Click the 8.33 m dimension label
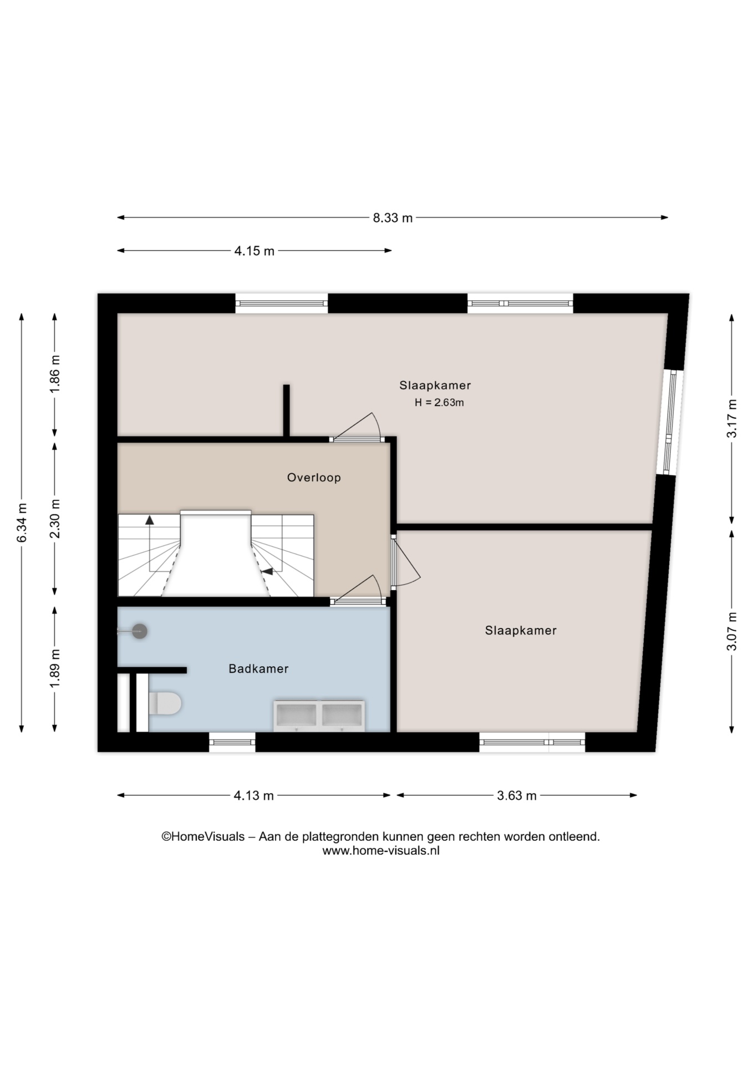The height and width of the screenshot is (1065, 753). (x=393, y=218)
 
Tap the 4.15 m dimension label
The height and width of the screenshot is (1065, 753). (x=254, y=251)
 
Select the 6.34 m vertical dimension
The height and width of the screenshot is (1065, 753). (x=22, y=523)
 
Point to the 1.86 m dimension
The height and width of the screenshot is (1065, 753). (x=54, y=374)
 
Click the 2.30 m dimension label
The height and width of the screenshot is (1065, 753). (x=54, y=518)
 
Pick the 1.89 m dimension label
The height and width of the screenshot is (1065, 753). (x=54, y=668)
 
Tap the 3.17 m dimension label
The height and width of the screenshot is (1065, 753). (x=732, y=418)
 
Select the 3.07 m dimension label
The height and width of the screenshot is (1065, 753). (x=732, y=631)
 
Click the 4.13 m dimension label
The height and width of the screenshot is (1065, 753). (x=253, y=795)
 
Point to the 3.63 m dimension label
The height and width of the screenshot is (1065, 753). (x=516, y=795)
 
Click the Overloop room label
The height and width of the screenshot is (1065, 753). (x=314, y=478)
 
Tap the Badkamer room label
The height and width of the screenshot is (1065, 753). (x=258, y=669)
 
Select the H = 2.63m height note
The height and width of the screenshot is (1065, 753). (x=439, y=403)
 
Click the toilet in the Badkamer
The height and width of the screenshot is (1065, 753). (x=165, y=703)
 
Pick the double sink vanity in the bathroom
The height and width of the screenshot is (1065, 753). (x=319, y=716)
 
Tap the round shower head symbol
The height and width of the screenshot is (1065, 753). (x=139, y=631)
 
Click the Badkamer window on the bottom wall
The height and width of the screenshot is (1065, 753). (x=232, y=742)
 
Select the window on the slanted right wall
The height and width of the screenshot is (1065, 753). (x=670, y=423)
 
